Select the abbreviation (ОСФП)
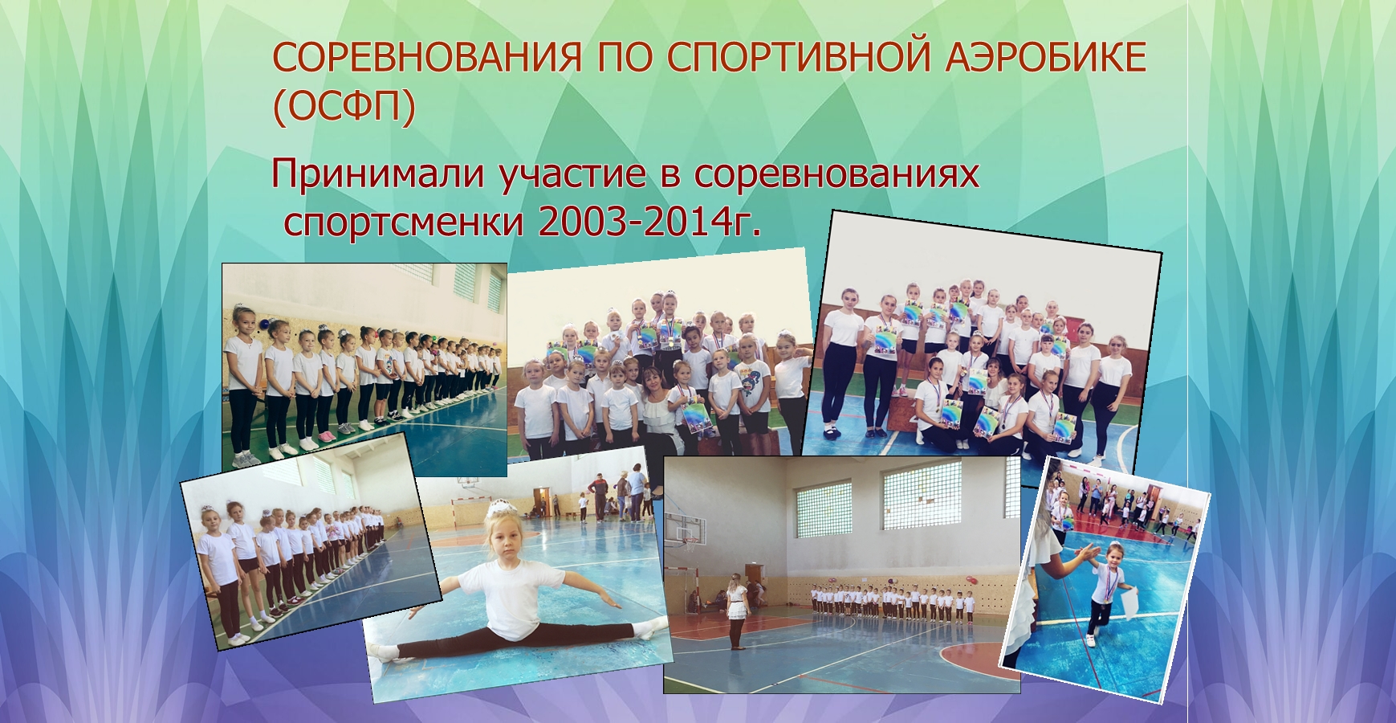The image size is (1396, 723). coord(344,108)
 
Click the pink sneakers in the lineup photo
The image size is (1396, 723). coord(327,435)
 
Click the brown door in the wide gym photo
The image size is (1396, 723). coord(753,578)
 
